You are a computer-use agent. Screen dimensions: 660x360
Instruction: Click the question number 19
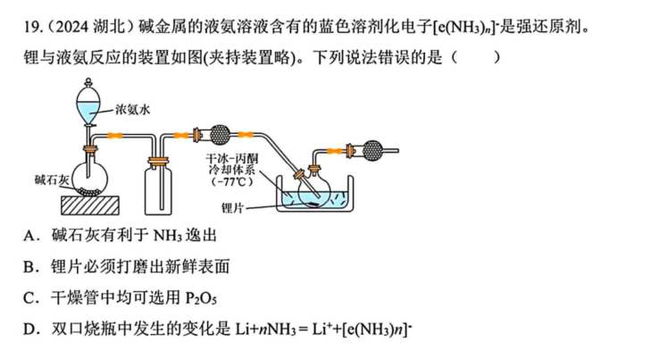tap(32, 28)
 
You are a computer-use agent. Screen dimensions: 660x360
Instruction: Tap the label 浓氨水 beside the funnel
tap(133, 110)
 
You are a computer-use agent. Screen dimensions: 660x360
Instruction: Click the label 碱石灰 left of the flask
tap(51, 180)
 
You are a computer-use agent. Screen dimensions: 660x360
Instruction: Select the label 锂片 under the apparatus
tap(232, 207)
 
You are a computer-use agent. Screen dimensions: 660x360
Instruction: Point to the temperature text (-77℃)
tap(232, 182)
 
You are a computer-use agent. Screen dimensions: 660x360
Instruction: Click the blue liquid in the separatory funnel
tap(88, 112)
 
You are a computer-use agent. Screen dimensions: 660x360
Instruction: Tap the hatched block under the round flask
tap(90, 205)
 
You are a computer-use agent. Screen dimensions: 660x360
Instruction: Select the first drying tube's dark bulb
tap(220, 135)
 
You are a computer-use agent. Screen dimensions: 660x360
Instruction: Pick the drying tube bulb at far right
tap(372, 150)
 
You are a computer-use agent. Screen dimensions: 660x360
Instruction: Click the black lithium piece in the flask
tap(313, 205)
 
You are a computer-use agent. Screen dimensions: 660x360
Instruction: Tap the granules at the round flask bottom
tap(89, 191)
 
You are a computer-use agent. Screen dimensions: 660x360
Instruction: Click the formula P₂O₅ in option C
tap(201, 298)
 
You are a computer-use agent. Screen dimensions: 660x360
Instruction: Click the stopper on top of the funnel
tap(88, 81)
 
